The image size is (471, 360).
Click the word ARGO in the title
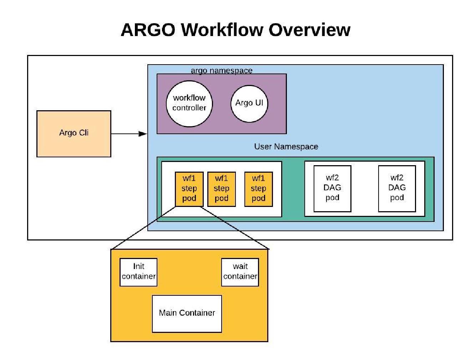[x=148, y=30]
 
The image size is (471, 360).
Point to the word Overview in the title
[x=309, y=30]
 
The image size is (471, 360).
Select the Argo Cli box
[x=74, y=134]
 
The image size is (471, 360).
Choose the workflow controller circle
[x=189, y=104]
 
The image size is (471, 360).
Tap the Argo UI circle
[x=249, y=103]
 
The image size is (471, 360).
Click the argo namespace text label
[x=222, y=71]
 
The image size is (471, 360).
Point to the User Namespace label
[x=286, y=147]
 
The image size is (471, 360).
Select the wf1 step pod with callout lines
[x=189, y=189]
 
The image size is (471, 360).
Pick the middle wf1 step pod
[x=222, y=189]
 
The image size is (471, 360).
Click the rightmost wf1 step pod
[x=258, y=189]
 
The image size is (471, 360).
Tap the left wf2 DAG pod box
[x=332, y=188]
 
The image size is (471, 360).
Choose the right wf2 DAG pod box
[x=397, y=188]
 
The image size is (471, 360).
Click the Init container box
[x=138, y=272]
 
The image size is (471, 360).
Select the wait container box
[x=240, y=272]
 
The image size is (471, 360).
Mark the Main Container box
[x=187, y=313]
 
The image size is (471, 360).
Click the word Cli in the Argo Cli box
[x=83, y=133]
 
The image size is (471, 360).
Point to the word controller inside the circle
[x=189, y=108]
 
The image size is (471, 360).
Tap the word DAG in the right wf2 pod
[x=397, y=188]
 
